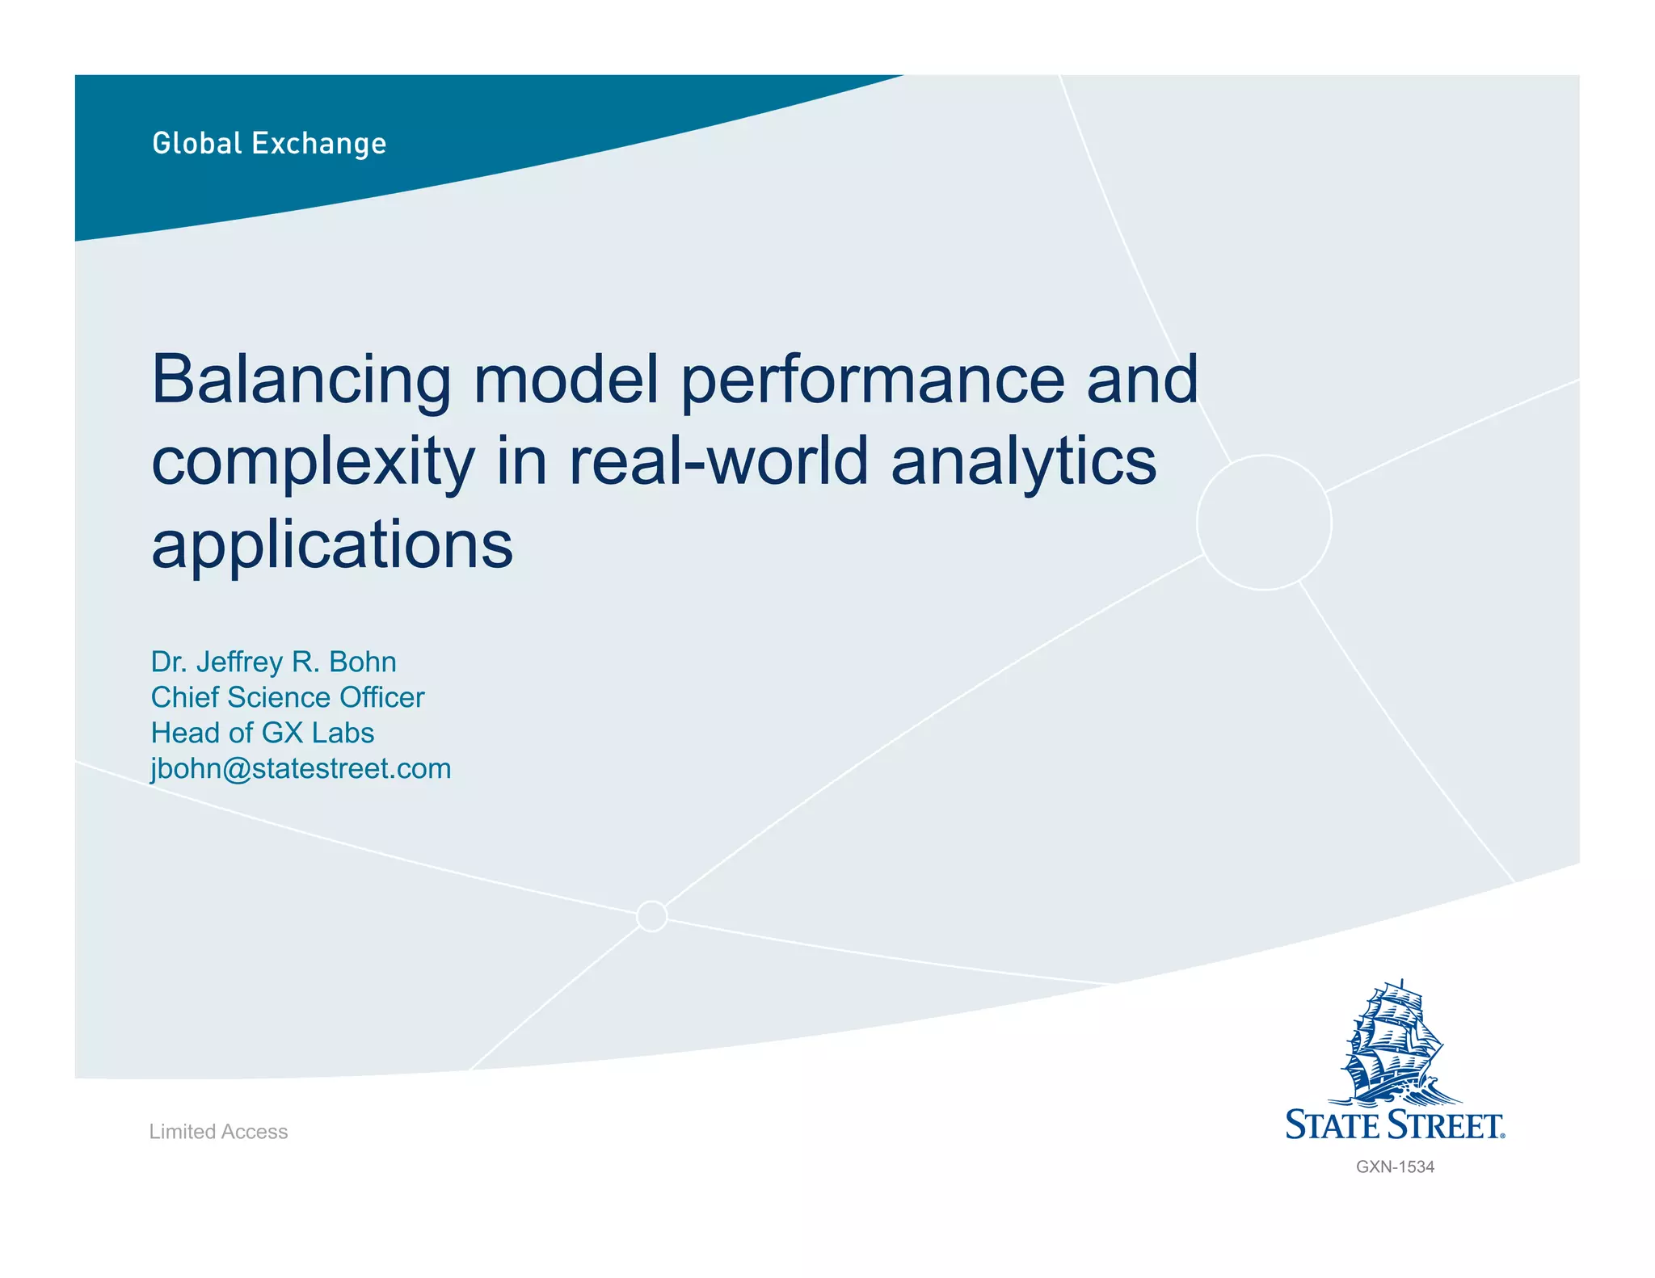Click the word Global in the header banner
tap(197, 143)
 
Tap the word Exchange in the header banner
tap(319, 144)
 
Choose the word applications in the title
tap(332, 546)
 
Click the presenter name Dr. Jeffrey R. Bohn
tap(273, 662)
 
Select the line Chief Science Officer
tap(287, 697)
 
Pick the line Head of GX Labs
tap(263, 733)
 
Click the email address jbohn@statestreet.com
tap(301, 768)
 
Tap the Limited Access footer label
tap(218, 1132)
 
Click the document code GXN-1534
tap(1395, 1167)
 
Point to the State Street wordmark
tap(1395, 1125)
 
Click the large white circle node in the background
tap(1264, 523)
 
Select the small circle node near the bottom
tap(651, 916)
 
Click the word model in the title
tap(566, 380)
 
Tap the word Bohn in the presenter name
tap(363, 662)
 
